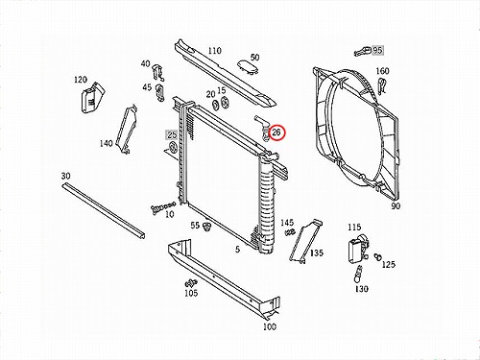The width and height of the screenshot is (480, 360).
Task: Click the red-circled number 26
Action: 276,132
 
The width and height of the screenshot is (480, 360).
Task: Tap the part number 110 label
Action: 214,51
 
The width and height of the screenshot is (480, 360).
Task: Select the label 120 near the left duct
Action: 81,80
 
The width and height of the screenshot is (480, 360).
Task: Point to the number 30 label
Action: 65,176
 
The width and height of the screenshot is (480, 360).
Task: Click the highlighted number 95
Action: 377,50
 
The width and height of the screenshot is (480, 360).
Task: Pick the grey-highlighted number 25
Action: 172,135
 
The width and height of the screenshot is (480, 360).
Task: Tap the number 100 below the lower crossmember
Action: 270,326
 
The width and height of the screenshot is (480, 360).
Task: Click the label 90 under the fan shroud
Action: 396,206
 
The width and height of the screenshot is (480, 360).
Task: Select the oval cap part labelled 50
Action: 247,66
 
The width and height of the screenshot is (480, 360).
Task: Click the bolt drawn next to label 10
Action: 162,207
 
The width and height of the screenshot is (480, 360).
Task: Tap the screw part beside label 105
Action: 191,283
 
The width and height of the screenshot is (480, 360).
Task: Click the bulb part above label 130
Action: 358,275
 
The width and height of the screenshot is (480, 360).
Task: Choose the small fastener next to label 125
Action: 377,256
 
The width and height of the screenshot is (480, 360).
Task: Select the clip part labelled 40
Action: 158,73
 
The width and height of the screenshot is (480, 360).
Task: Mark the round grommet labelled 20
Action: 215,105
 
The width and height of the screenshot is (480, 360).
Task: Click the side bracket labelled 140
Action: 127,130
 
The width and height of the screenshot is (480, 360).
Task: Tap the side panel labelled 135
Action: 305,241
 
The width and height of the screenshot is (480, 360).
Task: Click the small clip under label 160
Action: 381,85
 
